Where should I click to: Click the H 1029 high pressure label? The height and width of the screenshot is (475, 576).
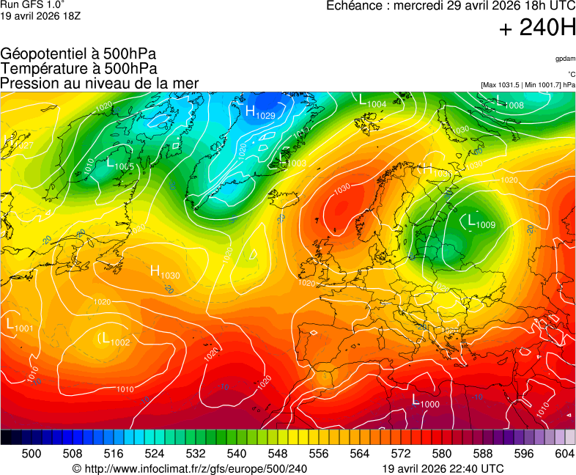pos(259,113)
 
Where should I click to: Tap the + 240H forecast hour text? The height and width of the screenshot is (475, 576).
pos(537,29)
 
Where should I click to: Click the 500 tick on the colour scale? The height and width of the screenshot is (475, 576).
pos(32,454)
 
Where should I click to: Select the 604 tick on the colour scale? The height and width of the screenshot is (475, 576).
pos(564,454)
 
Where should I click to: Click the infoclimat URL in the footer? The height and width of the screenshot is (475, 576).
pos(190,468)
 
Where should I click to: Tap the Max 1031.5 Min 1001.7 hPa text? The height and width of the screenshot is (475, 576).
pos(528,85)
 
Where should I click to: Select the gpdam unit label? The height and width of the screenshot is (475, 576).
pos(565,59)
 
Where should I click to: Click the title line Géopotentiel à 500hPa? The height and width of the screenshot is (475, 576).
pos(78,54)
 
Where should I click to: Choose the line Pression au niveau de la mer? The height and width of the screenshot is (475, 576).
pos(100,84)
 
